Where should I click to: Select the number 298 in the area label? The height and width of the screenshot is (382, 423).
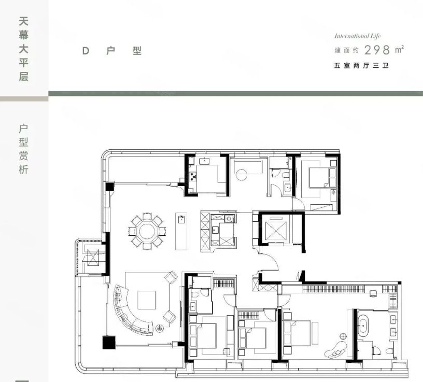pyautogui.click(x=377, y=50)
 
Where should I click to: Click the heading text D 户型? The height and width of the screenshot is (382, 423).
pyautogui.click(x=111, y=51)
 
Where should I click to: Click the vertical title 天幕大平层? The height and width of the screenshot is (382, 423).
pyautogui.click(x=23, y=49)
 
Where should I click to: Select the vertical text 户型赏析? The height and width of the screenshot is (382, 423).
pyautogui.click(x=23, y=149)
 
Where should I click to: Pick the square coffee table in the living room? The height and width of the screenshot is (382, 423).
pyautogui.click(x=146, y=300)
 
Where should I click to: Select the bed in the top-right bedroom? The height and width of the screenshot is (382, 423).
pyautogui.click(x=319, y=178)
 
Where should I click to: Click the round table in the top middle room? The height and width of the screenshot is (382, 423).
pyautogui.click(x=243, y=174)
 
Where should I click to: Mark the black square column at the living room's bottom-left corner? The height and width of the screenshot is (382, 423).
pyautogui.click(x=108, y=342)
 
